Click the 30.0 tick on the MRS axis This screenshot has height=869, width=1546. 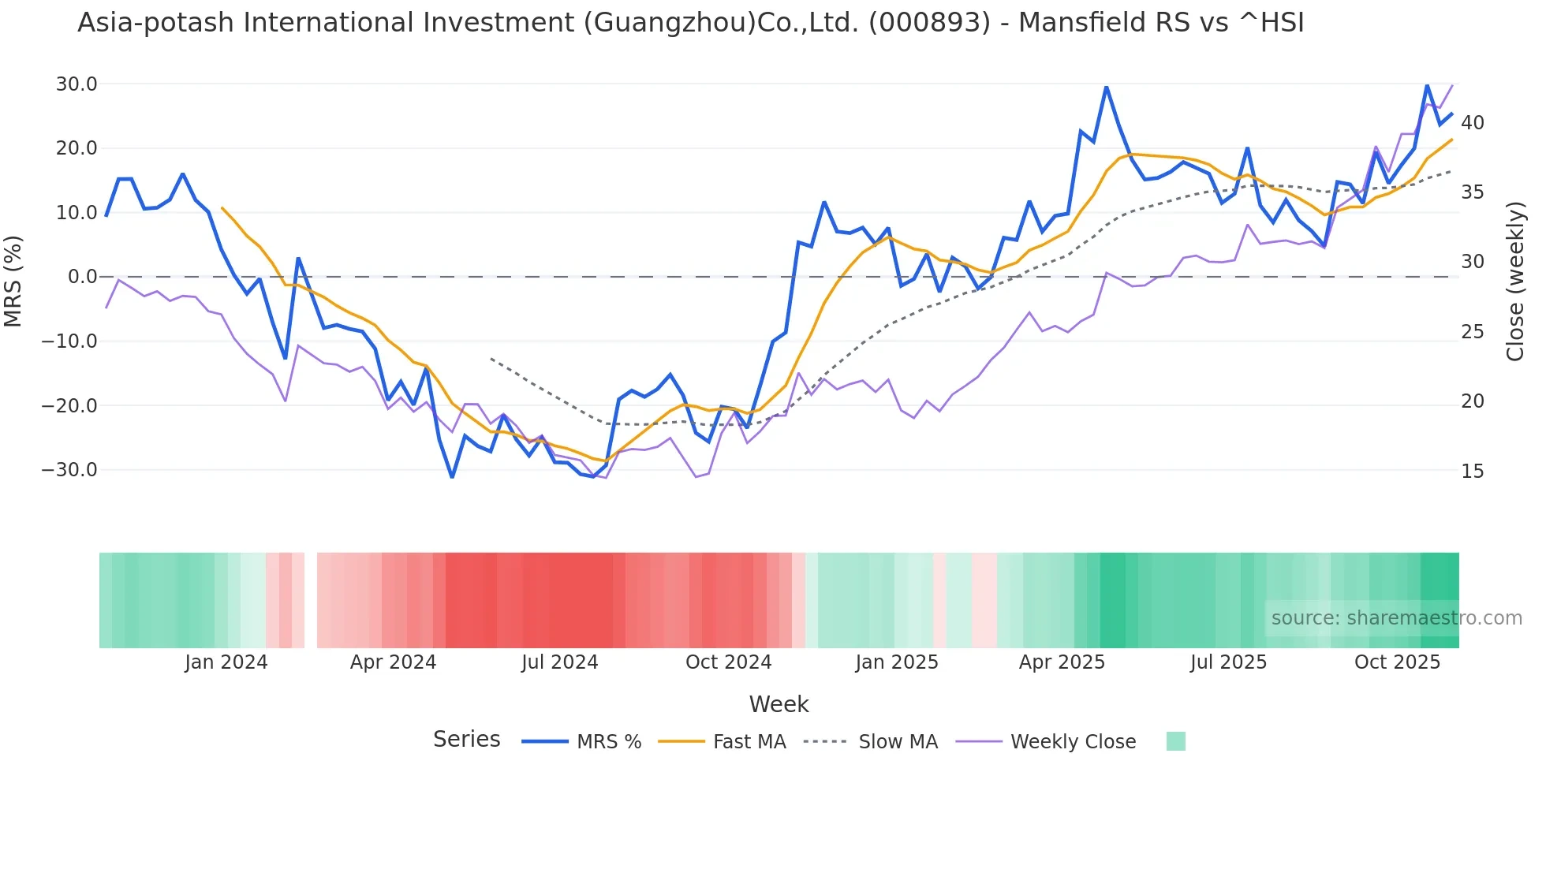coord(77,84)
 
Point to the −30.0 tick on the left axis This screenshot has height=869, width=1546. coord(69,470)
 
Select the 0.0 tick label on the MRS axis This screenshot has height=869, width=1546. coord(83,277)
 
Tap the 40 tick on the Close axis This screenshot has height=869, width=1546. coord(1472,123)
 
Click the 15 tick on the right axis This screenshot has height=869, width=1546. coord(1472,472)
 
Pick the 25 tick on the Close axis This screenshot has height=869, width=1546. coord(1472,332)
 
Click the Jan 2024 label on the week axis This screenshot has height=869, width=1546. coord(226,662)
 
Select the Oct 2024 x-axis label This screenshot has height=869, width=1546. coord(728,662)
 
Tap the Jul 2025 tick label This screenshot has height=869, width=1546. coord(1228,662)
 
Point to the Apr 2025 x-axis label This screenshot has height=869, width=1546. coord(1062,662)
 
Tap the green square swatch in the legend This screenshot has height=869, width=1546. coord(1175,741)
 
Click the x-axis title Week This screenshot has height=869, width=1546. coord(779,704)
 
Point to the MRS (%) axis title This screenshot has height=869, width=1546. coord(13,281)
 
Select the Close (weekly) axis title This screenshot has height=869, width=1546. coord(1515,281)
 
